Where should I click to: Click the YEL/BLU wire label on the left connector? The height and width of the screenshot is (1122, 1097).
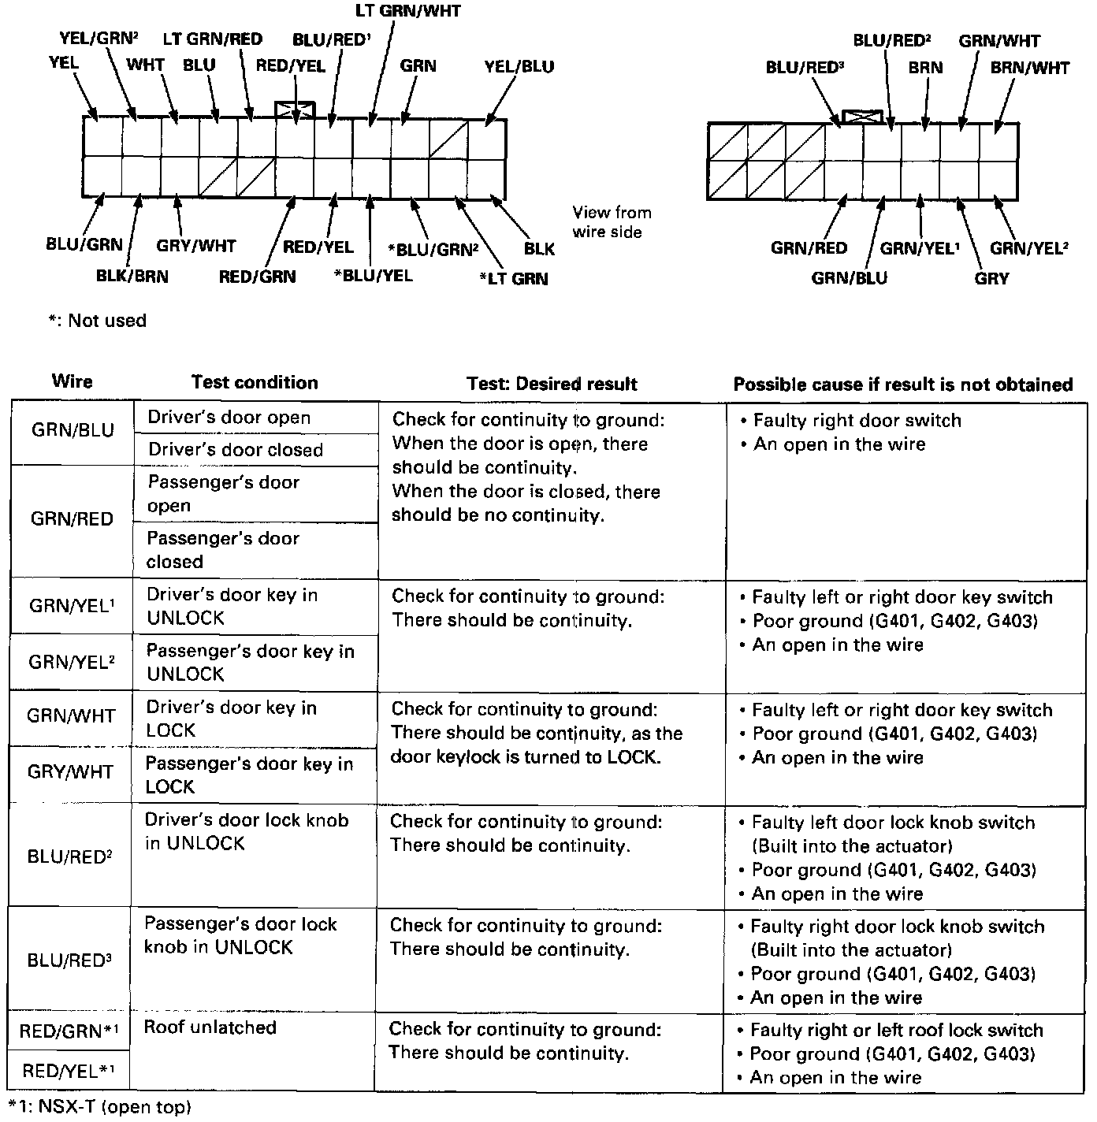[519, 66]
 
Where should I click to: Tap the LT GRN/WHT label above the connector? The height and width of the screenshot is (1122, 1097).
[407, 11]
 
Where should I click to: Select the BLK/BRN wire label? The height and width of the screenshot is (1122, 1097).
[132, 276]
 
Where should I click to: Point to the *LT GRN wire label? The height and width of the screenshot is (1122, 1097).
[513, 278]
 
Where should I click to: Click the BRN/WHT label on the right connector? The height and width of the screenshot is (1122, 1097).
[1029, 68]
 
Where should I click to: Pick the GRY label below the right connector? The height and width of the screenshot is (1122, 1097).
[991, 278]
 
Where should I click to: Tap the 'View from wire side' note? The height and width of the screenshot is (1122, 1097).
[612, 222]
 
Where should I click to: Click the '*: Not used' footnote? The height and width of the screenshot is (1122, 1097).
[98, 321]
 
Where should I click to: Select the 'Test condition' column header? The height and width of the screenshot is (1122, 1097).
[255, 383]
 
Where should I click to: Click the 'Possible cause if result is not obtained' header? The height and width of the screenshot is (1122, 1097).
[903, 385]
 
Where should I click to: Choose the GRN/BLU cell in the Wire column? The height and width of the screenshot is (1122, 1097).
[73, 430]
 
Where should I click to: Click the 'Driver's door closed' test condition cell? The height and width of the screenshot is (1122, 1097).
[236, 450]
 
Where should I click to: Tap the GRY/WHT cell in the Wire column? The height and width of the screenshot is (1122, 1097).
[70, 771]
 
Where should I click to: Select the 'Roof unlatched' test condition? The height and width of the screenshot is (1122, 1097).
[210, 1027]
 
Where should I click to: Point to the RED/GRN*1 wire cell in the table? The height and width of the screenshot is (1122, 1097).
[69, 1031]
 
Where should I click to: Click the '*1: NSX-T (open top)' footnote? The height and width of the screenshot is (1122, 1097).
[99, 1107]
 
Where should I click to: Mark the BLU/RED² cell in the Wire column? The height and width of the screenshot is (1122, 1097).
[69, 856]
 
